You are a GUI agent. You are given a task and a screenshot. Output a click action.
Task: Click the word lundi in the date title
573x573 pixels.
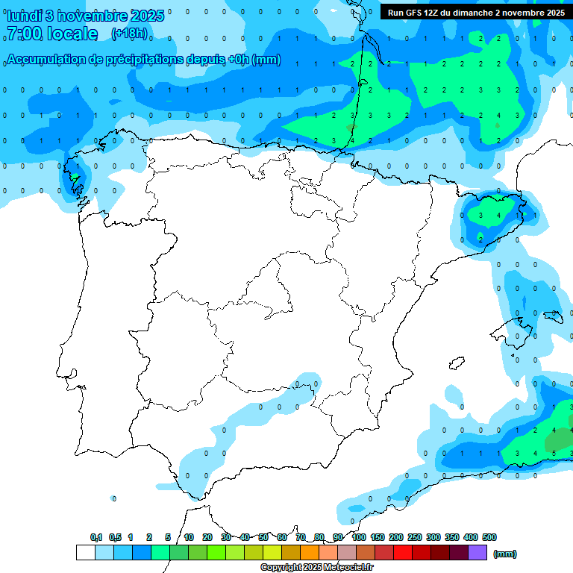coord(24,16)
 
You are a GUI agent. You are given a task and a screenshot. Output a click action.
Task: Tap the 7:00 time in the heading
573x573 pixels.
coord(23,34)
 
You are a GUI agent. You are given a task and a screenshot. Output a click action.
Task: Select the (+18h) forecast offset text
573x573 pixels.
coord(129,34)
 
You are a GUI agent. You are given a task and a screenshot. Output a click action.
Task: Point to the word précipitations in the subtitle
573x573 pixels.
coord(142,60)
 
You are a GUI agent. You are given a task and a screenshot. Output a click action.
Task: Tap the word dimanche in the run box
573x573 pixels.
coord(472,13)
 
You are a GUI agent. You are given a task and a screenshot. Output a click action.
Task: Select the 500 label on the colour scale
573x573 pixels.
coord(489,537)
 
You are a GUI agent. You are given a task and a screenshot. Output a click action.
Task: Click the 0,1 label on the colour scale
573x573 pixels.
coord(96,537)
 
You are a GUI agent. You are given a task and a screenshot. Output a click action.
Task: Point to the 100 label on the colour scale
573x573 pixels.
coord(359,537)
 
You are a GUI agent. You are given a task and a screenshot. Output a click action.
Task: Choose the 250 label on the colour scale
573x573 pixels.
coord(415,537)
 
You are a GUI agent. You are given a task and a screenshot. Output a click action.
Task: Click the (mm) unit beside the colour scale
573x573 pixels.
coord(505,554)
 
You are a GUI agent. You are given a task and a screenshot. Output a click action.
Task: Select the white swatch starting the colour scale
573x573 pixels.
coord(85,552)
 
